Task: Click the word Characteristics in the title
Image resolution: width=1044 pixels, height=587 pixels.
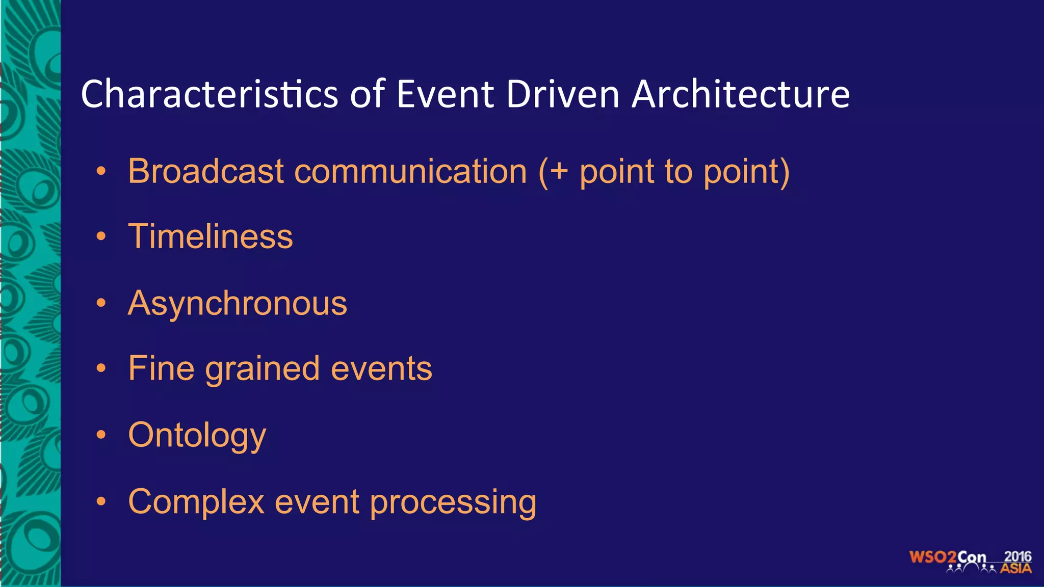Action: [x=209, y=94]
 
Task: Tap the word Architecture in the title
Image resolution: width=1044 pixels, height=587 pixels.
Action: [x=740, y=94]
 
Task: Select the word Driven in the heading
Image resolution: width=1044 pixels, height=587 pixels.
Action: [x=562, y=94]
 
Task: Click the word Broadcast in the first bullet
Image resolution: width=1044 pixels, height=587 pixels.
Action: [x=205, y=171]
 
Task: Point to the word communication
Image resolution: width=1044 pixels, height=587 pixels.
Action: [x=410, y=171]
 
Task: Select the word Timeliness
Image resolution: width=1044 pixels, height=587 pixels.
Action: [x=210, y=236]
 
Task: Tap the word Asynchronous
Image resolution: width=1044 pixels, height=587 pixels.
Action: [x=237, y=303]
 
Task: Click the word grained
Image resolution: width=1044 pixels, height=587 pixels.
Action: [x=262, y=369]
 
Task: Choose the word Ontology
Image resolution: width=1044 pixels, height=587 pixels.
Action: [x=197, y=436]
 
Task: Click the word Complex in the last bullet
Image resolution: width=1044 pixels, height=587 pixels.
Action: [x=196, y=502]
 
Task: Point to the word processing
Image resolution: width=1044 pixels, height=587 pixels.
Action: [x=453, y=502]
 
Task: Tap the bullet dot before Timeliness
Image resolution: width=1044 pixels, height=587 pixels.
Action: [x=101, y=236]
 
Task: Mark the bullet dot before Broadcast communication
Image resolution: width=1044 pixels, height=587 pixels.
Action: [x=101, y=171]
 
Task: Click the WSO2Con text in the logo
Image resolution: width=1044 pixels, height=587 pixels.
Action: [x=947, y=557]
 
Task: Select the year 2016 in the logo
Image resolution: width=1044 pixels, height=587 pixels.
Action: [x=1017, y=556]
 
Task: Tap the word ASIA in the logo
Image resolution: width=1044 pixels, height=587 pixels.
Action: [x=1015, y=569]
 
